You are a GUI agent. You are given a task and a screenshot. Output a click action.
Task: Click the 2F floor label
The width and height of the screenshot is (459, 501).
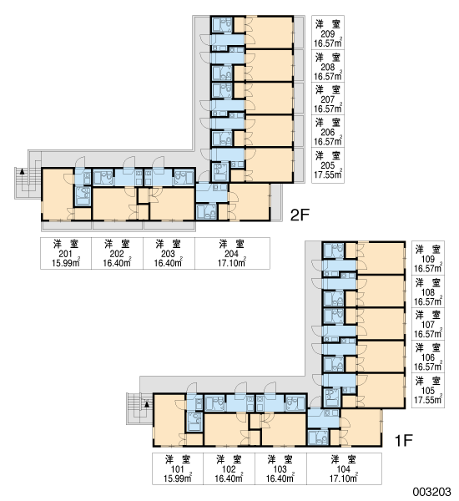(300, 215)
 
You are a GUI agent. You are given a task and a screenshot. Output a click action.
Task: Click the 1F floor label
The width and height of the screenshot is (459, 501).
(404, 441)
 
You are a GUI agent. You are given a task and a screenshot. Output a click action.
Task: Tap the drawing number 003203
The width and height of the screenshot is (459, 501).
(431, 492)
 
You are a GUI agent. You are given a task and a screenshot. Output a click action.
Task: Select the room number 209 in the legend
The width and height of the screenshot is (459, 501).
(328, 34)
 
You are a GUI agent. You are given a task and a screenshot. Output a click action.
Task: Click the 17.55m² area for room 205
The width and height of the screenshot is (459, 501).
(328, 175)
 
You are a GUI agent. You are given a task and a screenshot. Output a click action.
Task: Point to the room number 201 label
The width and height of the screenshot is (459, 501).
(66, 254)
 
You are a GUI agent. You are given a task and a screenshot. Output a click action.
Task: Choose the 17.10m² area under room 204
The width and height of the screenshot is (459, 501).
(231, 263)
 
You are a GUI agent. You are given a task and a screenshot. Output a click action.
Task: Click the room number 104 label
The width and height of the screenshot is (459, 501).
(344, 469)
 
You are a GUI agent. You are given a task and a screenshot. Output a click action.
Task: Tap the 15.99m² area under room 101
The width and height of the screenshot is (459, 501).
(177, 478)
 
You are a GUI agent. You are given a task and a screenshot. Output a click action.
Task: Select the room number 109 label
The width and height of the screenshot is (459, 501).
(428, 260)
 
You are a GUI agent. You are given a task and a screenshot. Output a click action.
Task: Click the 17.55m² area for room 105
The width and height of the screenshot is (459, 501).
(428, 399)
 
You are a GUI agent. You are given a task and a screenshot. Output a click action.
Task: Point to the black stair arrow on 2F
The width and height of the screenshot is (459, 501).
(22, 171)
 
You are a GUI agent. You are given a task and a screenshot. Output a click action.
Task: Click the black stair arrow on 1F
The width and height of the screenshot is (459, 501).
(147, 404)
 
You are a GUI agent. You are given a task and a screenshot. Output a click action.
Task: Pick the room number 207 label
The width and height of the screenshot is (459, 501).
(328, 99)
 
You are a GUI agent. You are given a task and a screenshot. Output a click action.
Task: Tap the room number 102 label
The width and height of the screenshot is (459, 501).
(229, 469)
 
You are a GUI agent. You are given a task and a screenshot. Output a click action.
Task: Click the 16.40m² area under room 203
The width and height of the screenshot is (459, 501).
(168, 263)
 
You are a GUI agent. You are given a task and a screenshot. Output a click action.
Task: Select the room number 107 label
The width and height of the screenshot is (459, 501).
(428, 325)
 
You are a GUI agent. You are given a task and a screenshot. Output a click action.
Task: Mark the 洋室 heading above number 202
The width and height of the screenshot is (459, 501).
(117, 245)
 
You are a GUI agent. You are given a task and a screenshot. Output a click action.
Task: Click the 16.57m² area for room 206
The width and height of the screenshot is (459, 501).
(328, 141)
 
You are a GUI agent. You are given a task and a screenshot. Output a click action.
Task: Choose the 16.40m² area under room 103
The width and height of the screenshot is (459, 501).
(280, 478)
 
